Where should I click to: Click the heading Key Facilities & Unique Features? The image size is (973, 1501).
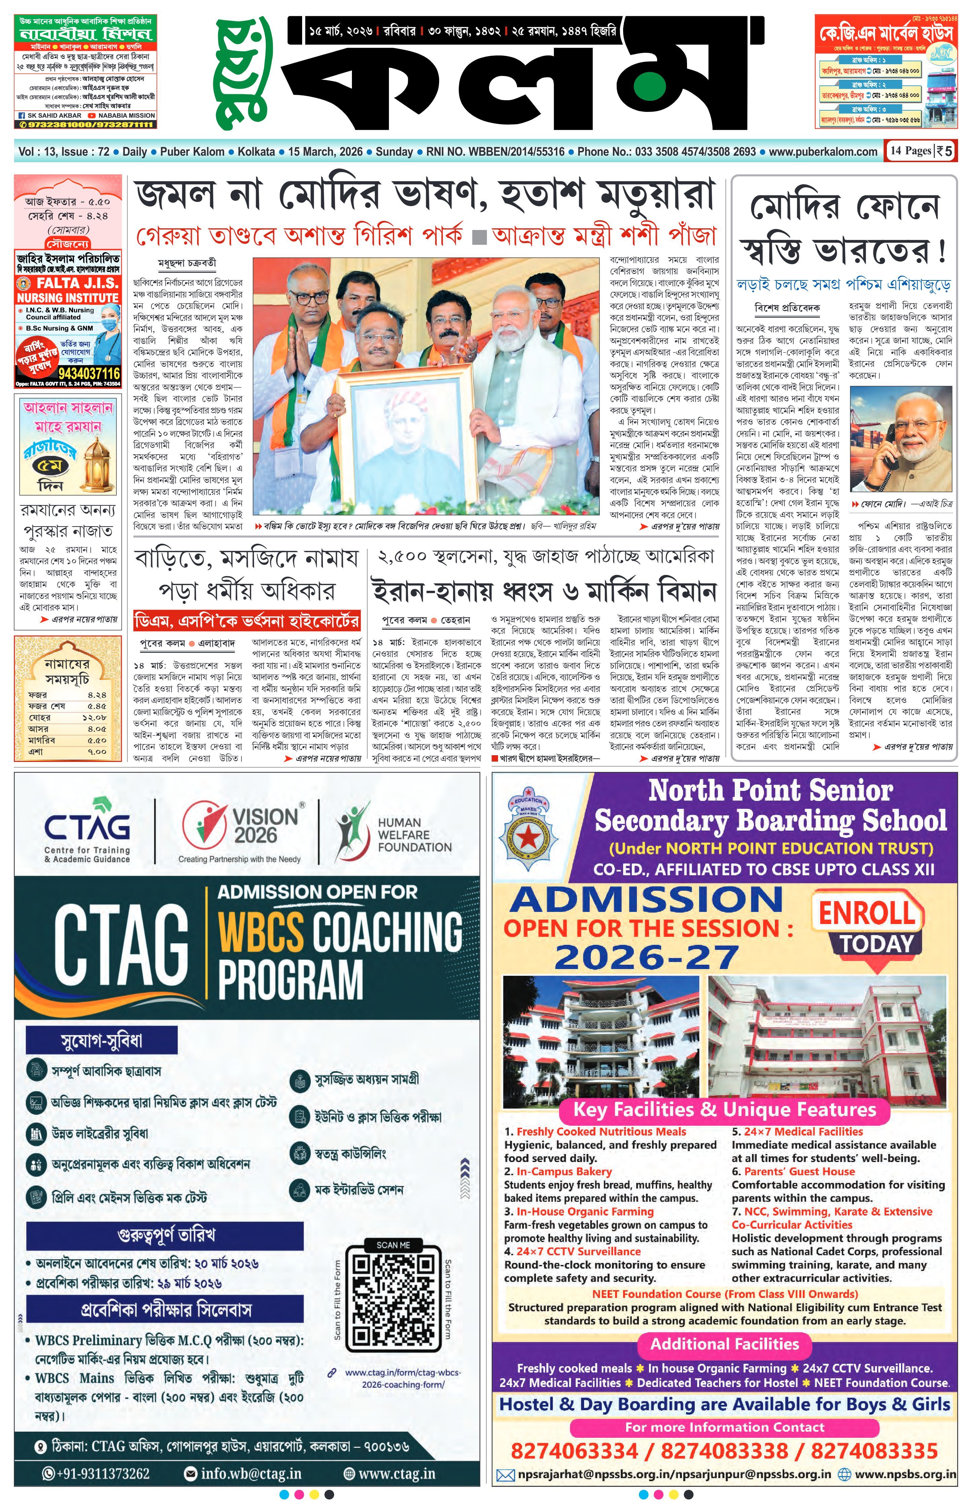pyautogui.click(x=724, y=1109)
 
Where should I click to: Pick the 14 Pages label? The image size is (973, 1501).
pyautogui.click(x=910, y=151)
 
